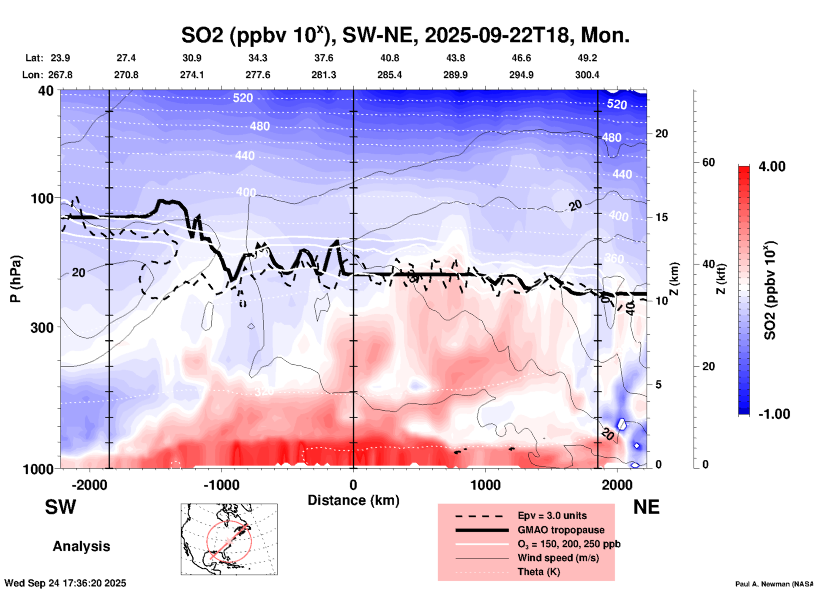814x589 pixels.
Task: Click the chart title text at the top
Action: pyautogui.click(x=405, y=35)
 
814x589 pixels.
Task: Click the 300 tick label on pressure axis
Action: pyautogui.click(x=42, y=327)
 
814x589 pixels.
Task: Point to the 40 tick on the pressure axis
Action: pyautogui.click(x=46, y=91)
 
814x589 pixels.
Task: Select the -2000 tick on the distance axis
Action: pyautogui.click(x=89, y=485)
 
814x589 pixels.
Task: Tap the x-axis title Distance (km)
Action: pyautogui.click(x=353, y=500)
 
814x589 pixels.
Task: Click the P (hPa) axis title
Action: pyautogui.click(x=16, y=279)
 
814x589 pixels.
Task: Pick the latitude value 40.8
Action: pyautogui.click(x=389, y=58)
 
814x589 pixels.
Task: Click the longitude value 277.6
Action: pyautogui.click(x=257, y=75)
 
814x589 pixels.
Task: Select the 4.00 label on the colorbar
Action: pyautogui.click(x=772, y=166)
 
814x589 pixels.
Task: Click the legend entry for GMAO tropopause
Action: pyautogui.click(x=561, y=530)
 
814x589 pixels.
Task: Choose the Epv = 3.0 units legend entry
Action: pyautogui.click(x=552, y=515)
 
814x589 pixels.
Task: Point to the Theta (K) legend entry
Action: pyautogui.click(x=538, y=572)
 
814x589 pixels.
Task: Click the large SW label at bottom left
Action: pyautogui.click(x=60, y=507)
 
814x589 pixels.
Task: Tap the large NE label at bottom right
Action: pyautogui.click(x=646, y=507)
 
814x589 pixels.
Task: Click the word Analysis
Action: pyautogui.click(x=81, y=546)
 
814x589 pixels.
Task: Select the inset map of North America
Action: pyautogui.click(x=229, y=539)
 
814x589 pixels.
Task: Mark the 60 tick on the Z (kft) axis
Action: pyautogui.click(x=708, y=162)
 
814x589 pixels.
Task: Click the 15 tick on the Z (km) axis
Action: pyautogui.click(x=661, y=217)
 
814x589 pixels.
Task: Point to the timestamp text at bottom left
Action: pyautogui.click(x=66, y=583)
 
